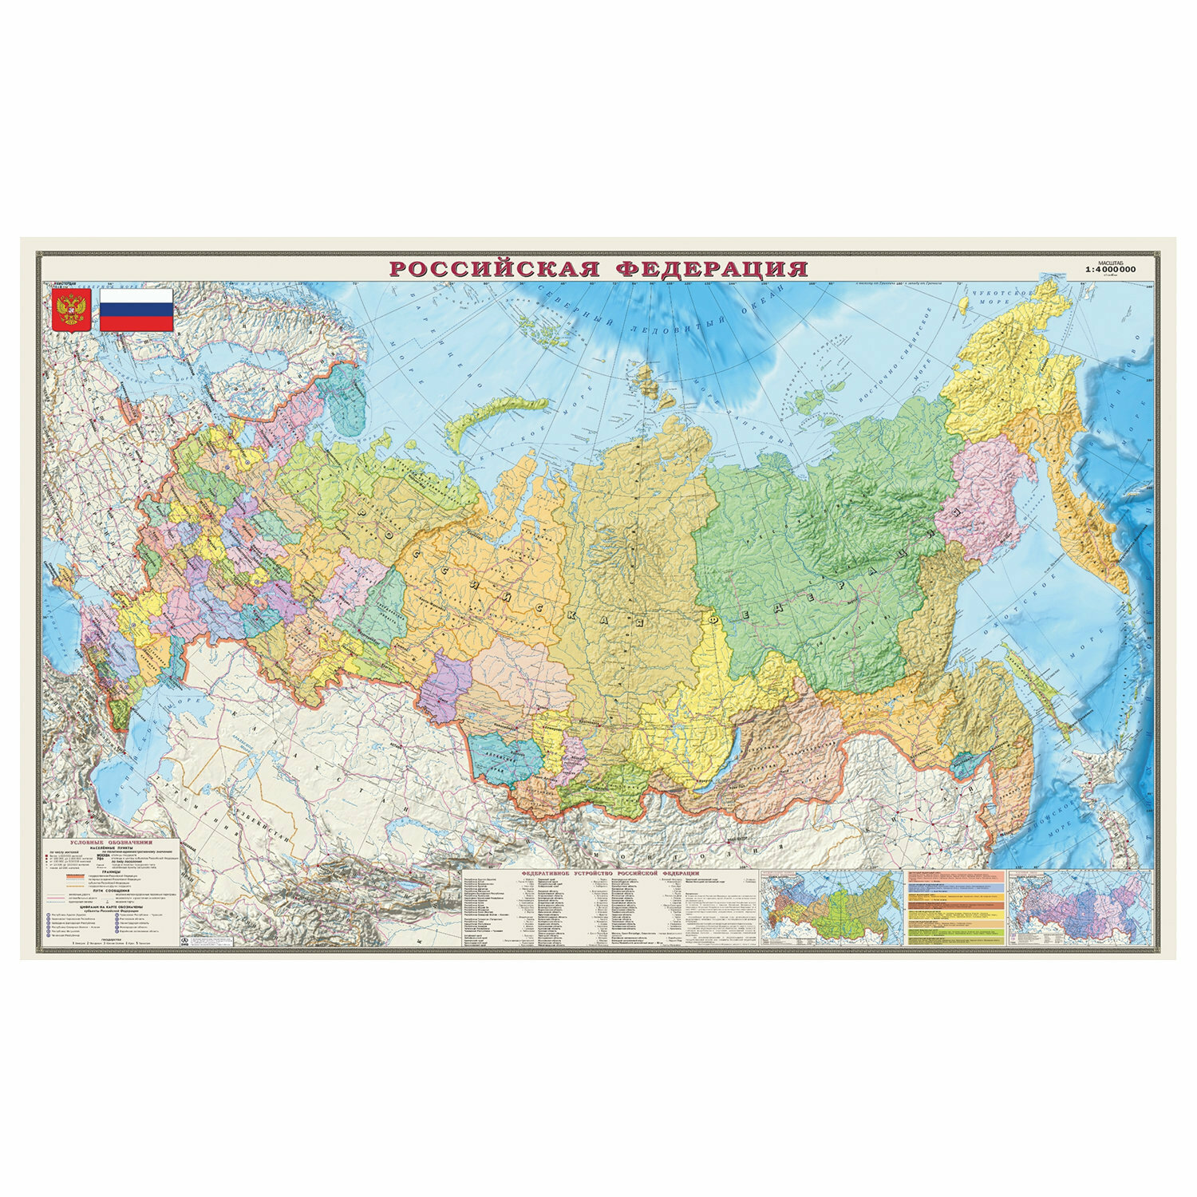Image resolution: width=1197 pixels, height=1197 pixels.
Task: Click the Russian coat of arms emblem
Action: [71, 310]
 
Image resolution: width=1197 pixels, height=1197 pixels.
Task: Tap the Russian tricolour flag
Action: [136, 310]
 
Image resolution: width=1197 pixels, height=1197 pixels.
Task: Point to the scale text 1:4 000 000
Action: [1120, 270]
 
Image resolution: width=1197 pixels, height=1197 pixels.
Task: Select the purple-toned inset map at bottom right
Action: [1079, 907]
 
